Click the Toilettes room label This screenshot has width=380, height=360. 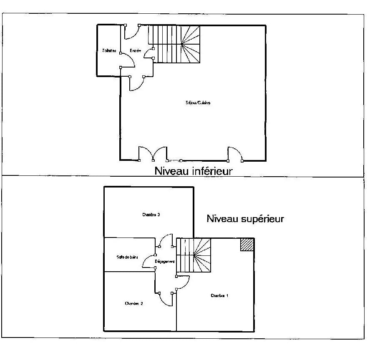tap(109, 51)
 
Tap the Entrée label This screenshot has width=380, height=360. tap(135, 51)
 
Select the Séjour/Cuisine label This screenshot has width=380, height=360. tap(198, 102)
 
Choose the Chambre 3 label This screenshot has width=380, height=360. tap(151, 215)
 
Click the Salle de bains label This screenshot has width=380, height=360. tap(127, 257)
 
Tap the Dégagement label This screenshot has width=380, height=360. tap(165, 262)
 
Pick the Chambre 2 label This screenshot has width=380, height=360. tap(134, 303)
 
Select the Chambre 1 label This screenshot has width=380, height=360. tap(220, 296)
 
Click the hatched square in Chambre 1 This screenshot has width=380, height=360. tap(247, 245)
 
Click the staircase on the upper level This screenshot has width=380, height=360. tap(194, 255)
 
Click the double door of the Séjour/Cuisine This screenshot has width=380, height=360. tap(153, 153)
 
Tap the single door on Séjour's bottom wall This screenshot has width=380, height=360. tap(235, 153)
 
